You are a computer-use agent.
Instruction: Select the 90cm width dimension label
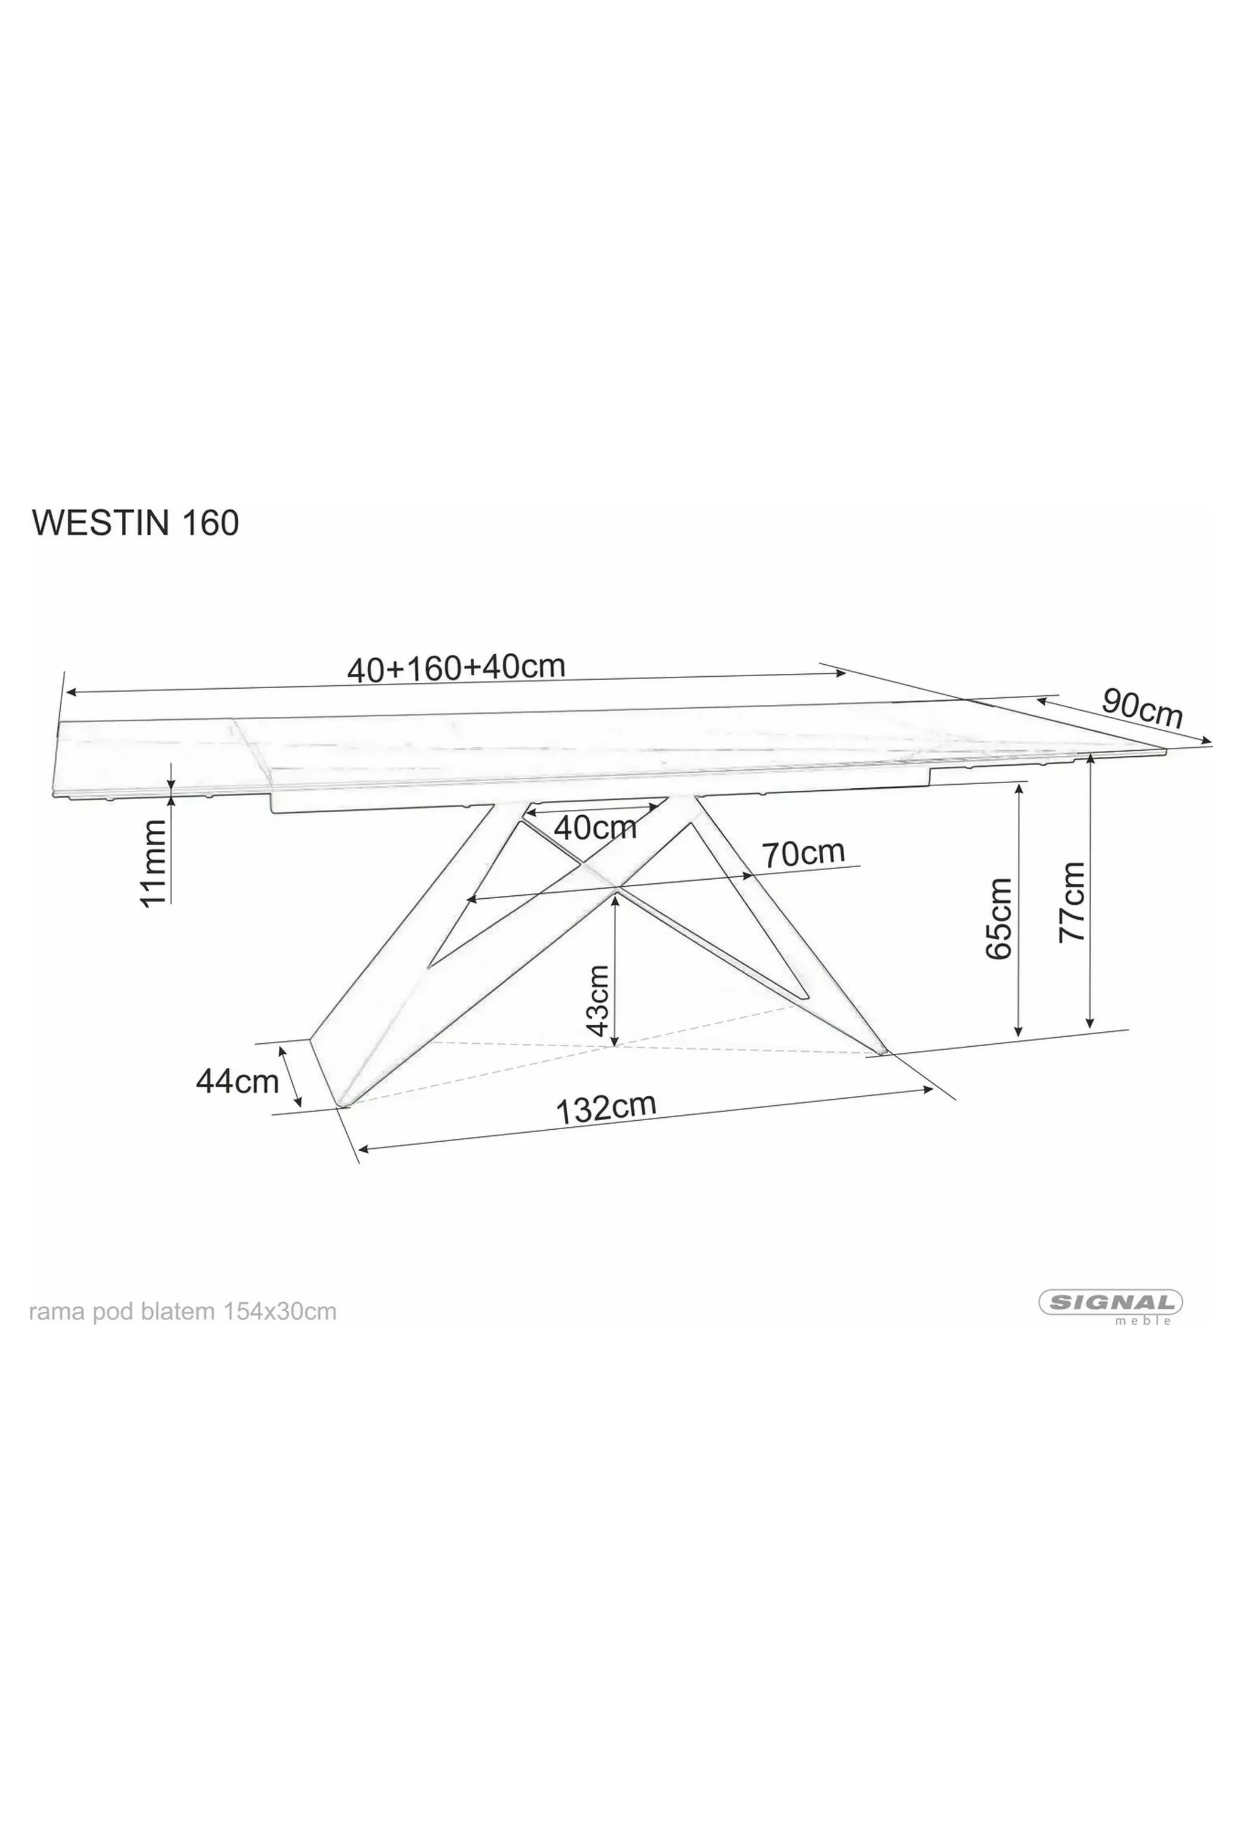1142,707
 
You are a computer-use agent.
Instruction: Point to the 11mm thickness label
154,862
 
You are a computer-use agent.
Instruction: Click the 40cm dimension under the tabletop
595,827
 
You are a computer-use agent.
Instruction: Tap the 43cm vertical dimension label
598,1001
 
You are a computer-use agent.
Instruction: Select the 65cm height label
998,918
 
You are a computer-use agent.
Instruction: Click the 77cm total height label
1072,901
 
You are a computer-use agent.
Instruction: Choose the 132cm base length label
606,1107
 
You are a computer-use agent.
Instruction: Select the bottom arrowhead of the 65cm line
1018,1030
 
